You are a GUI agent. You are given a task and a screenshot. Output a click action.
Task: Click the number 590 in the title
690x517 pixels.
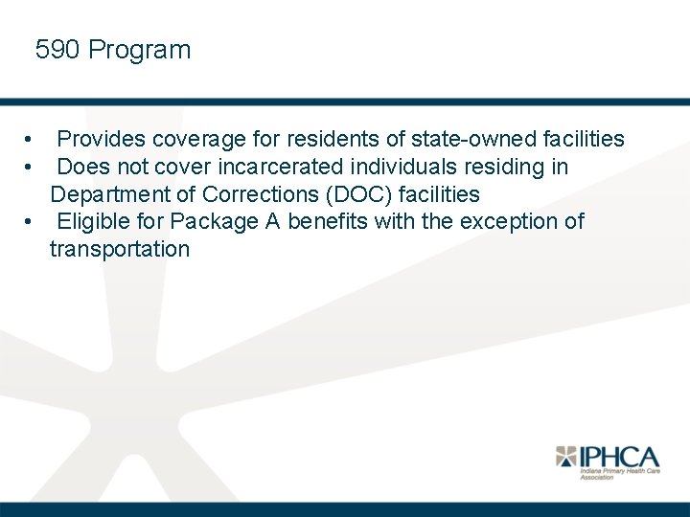tap(57, 50)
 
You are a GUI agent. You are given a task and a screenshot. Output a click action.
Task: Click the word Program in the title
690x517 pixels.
tap(140, 51)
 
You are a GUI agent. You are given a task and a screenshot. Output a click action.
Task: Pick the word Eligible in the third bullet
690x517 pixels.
tap(95, 222)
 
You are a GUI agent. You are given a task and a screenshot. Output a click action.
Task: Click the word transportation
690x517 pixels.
tap(120, 250)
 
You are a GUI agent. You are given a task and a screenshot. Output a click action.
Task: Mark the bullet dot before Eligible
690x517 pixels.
tap(32, 223)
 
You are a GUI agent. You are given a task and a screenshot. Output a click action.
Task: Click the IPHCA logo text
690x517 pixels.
tap(620, 457)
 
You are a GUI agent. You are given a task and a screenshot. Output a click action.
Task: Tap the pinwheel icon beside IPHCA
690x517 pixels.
tap(567, 457)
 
